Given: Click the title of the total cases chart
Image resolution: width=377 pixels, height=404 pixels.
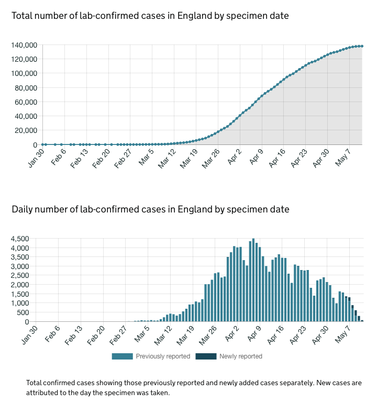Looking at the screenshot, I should [150, 16].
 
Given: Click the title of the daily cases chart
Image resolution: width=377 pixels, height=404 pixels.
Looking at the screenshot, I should [150, 209].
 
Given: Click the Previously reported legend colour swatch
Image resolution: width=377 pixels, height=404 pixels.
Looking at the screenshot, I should [122, 356].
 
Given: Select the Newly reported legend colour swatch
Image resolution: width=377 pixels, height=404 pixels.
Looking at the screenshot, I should [206, 356].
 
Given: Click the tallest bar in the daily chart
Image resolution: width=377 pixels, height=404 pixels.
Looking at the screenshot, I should [253, 280].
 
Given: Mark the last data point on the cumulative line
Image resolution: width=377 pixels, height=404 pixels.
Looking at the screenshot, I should [362, 46].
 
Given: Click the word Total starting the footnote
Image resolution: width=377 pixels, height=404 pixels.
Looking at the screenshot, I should [36, 383].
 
